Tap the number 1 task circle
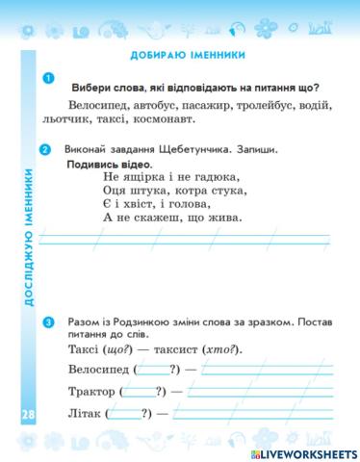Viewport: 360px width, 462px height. (x=47, y=78)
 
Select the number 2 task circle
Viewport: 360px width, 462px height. (x=47, y=150)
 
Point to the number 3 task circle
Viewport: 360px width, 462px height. (x=47, y=322)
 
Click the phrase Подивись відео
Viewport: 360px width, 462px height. (x=105, y=165)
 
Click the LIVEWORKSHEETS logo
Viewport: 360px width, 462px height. (x=302, y=450)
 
